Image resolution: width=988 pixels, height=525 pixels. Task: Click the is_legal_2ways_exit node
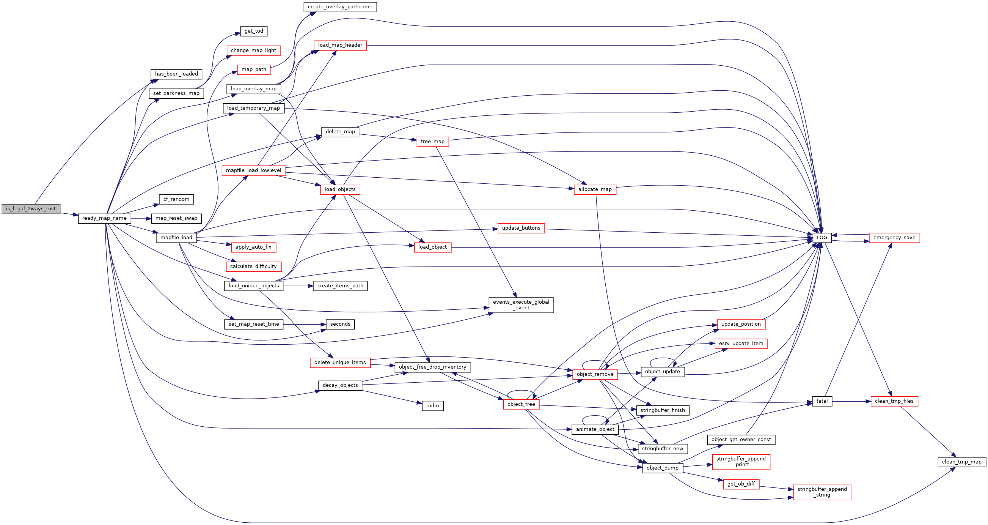pos(31,209)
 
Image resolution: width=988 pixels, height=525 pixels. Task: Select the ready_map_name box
pos(104,219)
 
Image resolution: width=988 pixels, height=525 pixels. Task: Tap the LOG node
pos(822,238)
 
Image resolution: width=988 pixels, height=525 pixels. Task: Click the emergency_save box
pos(894,238)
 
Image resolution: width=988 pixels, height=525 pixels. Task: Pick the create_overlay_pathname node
pos(340,7)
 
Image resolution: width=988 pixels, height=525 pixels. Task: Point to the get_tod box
pos(253,31)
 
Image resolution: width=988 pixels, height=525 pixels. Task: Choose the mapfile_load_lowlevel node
pos(253,170)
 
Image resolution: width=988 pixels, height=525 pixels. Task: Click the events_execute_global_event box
pos(521,305)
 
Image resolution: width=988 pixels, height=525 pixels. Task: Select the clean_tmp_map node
pos(961,462)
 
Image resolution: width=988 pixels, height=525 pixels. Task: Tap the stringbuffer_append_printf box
pos(741,462)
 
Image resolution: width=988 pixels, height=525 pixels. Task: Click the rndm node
pos(432,406)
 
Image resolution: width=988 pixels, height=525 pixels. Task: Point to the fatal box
pos(822,401)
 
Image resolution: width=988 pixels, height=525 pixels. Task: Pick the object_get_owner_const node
pos(741,440)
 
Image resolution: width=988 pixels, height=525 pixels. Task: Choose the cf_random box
pos(176,200)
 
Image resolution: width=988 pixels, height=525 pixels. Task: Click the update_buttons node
pos(521,229)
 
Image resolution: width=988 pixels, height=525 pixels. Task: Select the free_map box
pos(432,142)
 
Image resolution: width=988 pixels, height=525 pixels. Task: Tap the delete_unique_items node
pos(340,363)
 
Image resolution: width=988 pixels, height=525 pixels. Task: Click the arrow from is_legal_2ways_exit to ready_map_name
pos(69,214)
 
